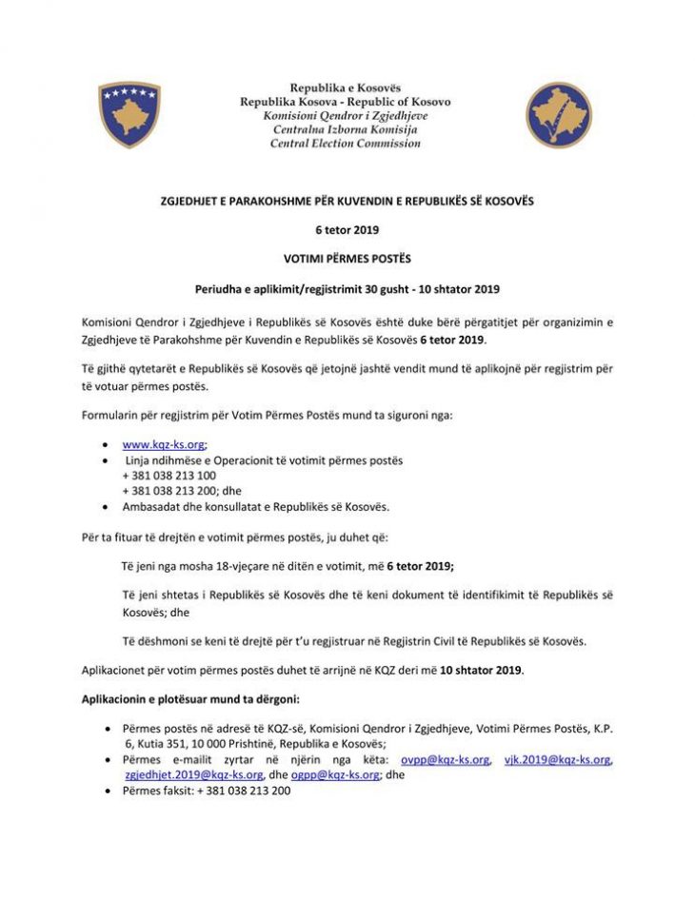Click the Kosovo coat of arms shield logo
[x=129, y=115]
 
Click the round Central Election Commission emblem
[x=559, y=115]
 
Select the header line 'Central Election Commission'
[x=345, y=144]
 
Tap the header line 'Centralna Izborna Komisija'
[x=345, y=129]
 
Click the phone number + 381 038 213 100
[x=169, y=475]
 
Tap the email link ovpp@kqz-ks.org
[x=446, y=759]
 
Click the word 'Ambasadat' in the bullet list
[x=152, y=505]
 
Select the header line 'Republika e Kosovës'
[x=345, y=88]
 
